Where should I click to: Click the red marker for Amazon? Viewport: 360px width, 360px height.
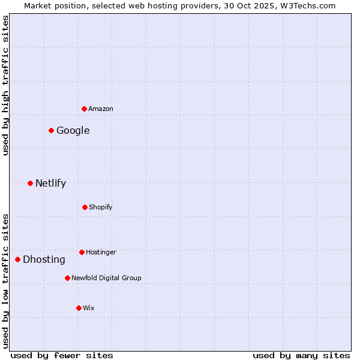[x=84, y=109]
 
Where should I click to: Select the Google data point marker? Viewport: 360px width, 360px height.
[x=52, y=130]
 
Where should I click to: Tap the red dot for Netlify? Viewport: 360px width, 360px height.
[x=30, y=183]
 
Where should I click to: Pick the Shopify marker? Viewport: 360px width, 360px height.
[x=85, y=207]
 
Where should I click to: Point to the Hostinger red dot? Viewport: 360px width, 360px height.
[x=82, y=252]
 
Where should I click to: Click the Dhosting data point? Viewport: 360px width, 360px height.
[x=18, y=259]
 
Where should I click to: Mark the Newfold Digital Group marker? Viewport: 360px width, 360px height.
[x=67, y=278]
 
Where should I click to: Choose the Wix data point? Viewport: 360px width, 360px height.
[x=79, y=308]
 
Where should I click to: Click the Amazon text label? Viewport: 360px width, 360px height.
[x=101, y=109]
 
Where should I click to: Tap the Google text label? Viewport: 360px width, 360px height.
[x=73, y=130]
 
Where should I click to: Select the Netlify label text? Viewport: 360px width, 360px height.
[x=51, y=183]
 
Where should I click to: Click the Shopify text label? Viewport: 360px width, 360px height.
[x=101, y=207]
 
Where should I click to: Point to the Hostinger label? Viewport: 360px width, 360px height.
[x=101, y=252]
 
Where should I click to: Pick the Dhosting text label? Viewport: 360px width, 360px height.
[x=44, y=259]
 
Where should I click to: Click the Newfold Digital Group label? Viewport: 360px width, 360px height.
[x=106, y=278]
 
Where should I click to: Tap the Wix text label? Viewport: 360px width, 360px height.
[x=89, y=308]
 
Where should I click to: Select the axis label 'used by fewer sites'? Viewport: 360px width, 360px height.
[x=62, y=355]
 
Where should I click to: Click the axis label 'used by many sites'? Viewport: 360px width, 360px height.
[x=301, y=355]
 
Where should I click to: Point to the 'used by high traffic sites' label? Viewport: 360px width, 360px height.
[x=5, y=85]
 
